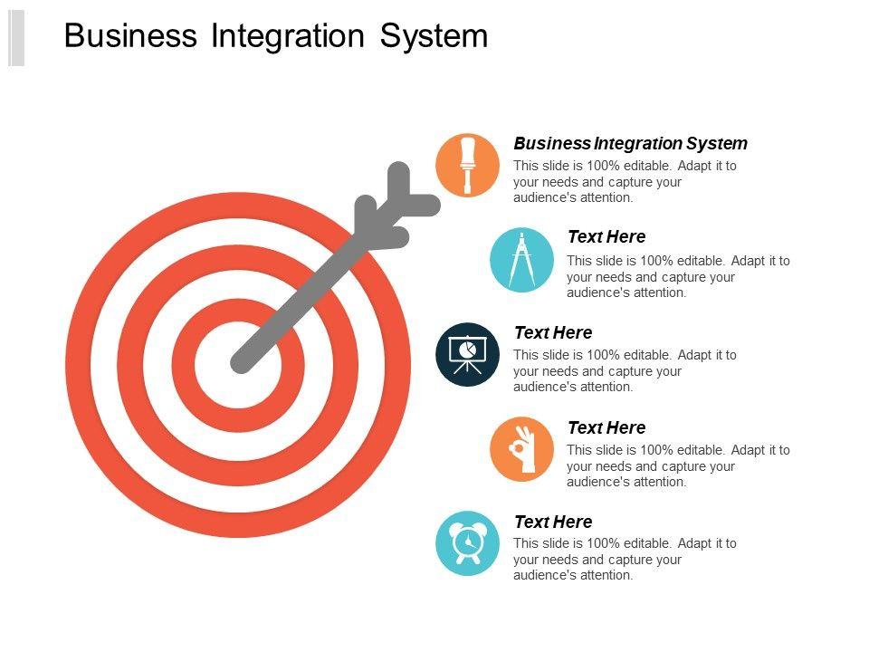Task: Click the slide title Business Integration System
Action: tap(276, 36)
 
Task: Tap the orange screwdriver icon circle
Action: tap(467, 164)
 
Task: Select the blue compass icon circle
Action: tap(520, 260)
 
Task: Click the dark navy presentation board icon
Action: tap(467, 354)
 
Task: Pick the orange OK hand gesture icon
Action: tap(520, 449)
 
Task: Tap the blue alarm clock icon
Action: tap(467, 543)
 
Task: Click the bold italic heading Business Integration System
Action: tap(630, 143)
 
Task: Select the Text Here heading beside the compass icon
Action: tap(606, 237)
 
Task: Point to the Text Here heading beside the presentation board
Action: tap(552, 332)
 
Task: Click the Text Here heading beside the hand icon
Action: tap(606, 427)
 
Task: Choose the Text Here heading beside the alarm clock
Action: tap(552, 522)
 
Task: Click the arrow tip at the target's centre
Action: tap(241, 363)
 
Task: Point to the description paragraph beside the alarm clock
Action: tap(625, 560)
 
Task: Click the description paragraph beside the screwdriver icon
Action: tap(625, 181)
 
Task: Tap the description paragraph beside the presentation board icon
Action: tap(625, 370)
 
